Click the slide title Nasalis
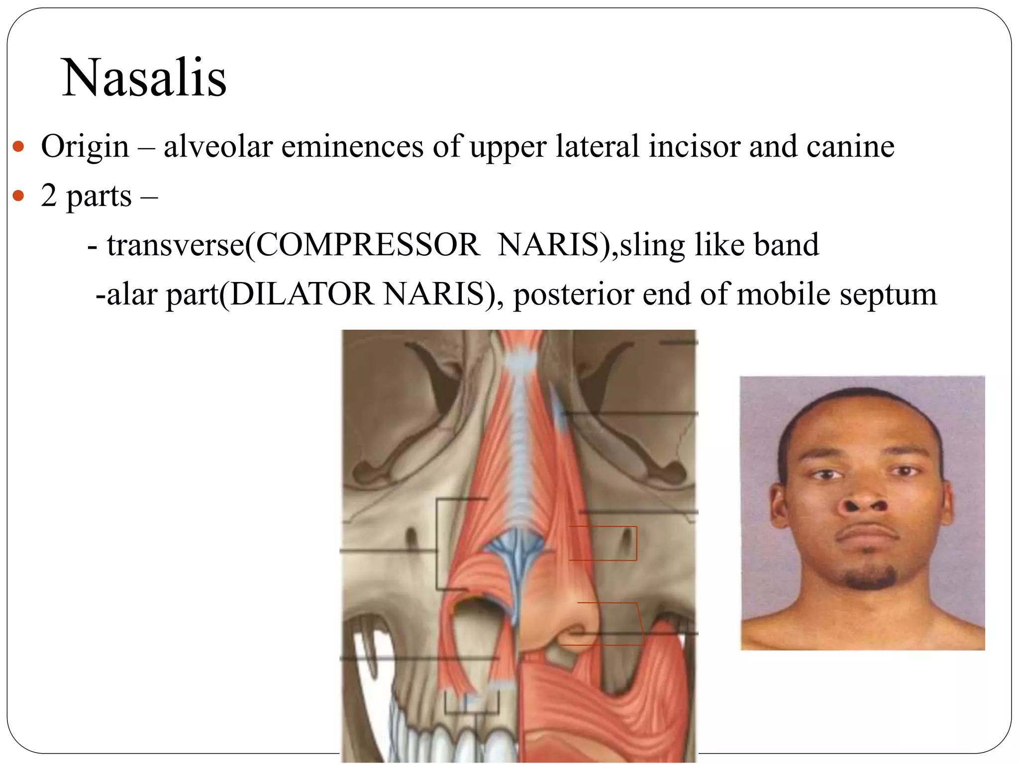point(144,78)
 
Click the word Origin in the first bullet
point(85,147)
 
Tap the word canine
point(850,147)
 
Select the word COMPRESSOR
point(368,245)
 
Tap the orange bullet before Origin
point(18,147)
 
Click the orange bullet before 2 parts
point(18,196)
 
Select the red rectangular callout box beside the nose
point(603,543)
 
